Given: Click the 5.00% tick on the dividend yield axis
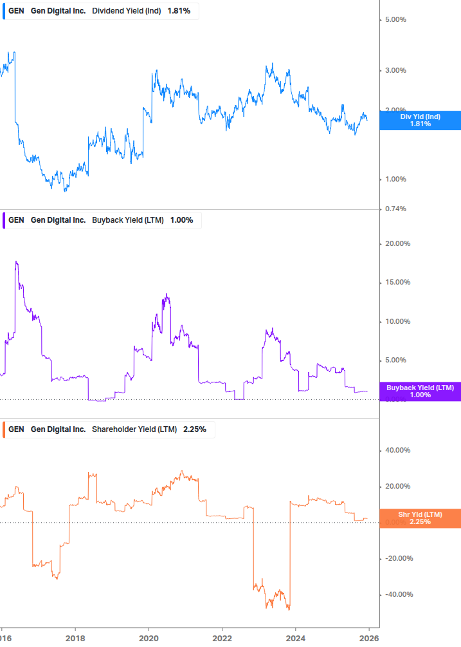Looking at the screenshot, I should tap(395, 20).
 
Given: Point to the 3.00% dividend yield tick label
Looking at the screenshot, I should tap(395, 70).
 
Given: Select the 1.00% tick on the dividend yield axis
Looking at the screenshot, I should tap(395, 179).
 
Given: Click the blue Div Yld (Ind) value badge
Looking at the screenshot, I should tap(420, 120).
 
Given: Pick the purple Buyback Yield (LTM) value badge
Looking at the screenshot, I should tap(420, 391).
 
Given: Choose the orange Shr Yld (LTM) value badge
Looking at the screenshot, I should tap(420, 518).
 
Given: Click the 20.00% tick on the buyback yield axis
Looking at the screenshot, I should tap(397, 243).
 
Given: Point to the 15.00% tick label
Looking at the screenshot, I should tap(397, 283).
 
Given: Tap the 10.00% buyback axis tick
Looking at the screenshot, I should tap(397, 322).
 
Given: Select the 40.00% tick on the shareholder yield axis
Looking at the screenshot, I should tap(397, 451).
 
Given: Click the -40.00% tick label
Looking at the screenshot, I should tap(395, 594).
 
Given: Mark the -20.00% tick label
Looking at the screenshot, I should tap(395, 558).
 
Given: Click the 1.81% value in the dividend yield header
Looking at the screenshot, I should tap(179, 11).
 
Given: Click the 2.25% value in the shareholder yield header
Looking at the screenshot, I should tap(195, 429).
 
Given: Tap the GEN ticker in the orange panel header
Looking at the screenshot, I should tap(16, 429).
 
